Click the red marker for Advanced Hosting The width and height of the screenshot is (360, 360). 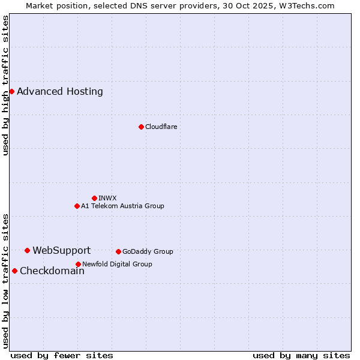coord(11,91)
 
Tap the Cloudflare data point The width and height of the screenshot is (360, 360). coord(141,127)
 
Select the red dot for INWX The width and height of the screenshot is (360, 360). coord(94,198)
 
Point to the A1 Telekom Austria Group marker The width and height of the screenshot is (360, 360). coord(77,206)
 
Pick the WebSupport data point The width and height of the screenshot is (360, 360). coord(27,250)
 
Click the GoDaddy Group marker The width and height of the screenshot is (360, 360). coord(118,251)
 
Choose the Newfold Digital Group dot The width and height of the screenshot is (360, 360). coord(78,264)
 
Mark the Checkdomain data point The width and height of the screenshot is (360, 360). coord(14,271)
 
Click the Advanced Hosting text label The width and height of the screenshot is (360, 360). coord(60,91)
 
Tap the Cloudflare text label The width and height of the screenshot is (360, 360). coord(161,127)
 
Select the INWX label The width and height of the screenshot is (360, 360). coord(108,198)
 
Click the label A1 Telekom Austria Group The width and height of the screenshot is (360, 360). coord(123,206)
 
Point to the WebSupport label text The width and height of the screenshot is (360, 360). coord(62,250)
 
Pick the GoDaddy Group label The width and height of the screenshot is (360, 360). coord(148,251)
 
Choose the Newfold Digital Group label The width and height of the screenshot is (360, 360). coord(118,264)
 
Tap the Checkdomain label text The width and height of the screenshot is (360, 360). coord(52,271)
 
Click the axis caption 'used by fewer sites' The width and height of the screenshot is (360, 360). coord(62,355)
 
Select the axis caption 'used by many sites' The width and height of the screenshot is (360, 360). coord(301,355)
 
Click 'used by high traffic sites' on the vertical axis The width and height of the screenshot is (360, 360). coord(5,85)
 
